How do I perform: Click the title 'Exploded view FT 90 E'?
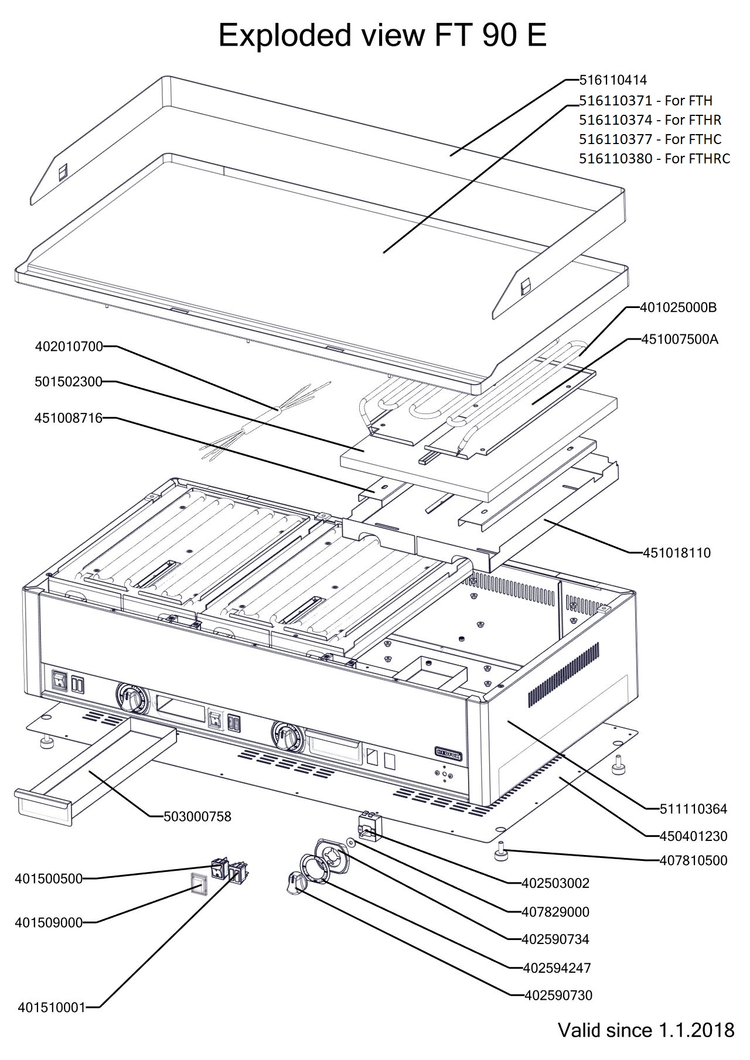coord(382,36)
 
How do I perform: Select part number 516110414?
coord(613,80)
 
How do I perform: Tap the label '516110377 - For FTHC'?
coord(650,139)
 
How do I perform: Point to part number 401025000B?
coord(678,307)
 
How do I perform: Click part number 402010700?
coord(69,347)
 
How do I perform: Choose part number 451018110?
coord(677,552)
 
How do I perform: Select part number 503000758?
coord(197,816)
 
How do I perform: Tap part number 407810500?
coord(693,860)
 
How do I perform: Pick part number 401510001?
coord(52,1007)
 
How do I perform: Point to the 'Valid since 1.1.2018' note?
coord(646,1030)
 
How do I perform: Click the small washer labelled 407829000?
coord(350,842)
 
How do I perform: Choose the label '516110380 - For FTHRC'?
coord(654,159)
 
